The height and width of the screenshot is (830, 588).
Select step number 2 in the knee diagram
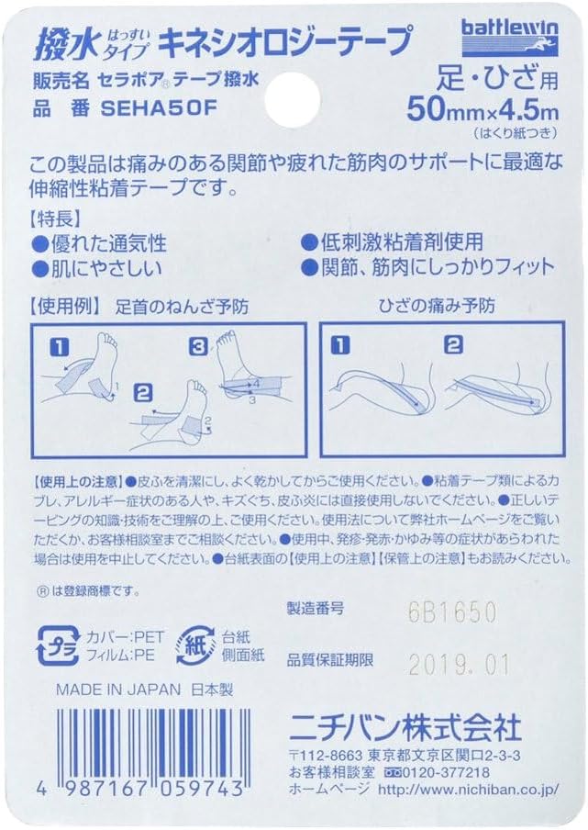[451, 346]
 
